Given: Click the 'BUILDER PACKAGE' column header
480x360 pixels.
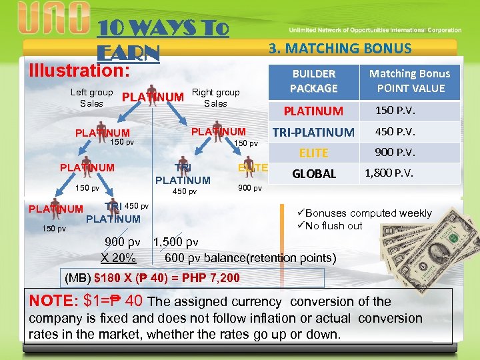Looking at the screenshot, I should pos(314,81).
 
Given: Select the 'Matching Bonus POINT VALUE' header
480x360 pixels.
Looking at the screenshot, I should pos(409,81).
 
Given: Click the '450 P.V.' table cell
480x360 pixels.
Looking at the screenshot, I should pos(395,131).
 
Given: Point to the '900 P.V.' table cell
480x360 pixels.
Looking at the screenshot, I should pos(395,153).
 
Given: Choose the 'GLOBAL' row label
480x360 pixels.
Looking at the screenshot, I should pos(314,173).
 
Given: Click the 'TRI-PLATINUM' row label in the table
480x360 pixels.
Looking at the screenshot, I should pos(313,132).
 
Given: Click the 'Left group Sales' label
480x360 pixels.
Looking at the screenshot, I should pos(91,98).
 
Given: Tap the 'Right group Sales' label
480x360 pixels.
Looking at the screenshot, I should pos(215,98).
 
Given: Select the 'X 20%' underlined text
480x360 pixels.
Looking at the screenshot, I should pos(119,258).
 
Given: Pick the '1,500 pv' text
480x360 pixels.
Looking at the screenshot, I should pos(176,243).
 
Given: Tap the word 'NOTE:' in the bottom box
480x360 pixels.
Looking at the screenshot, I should pos(55,301).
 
